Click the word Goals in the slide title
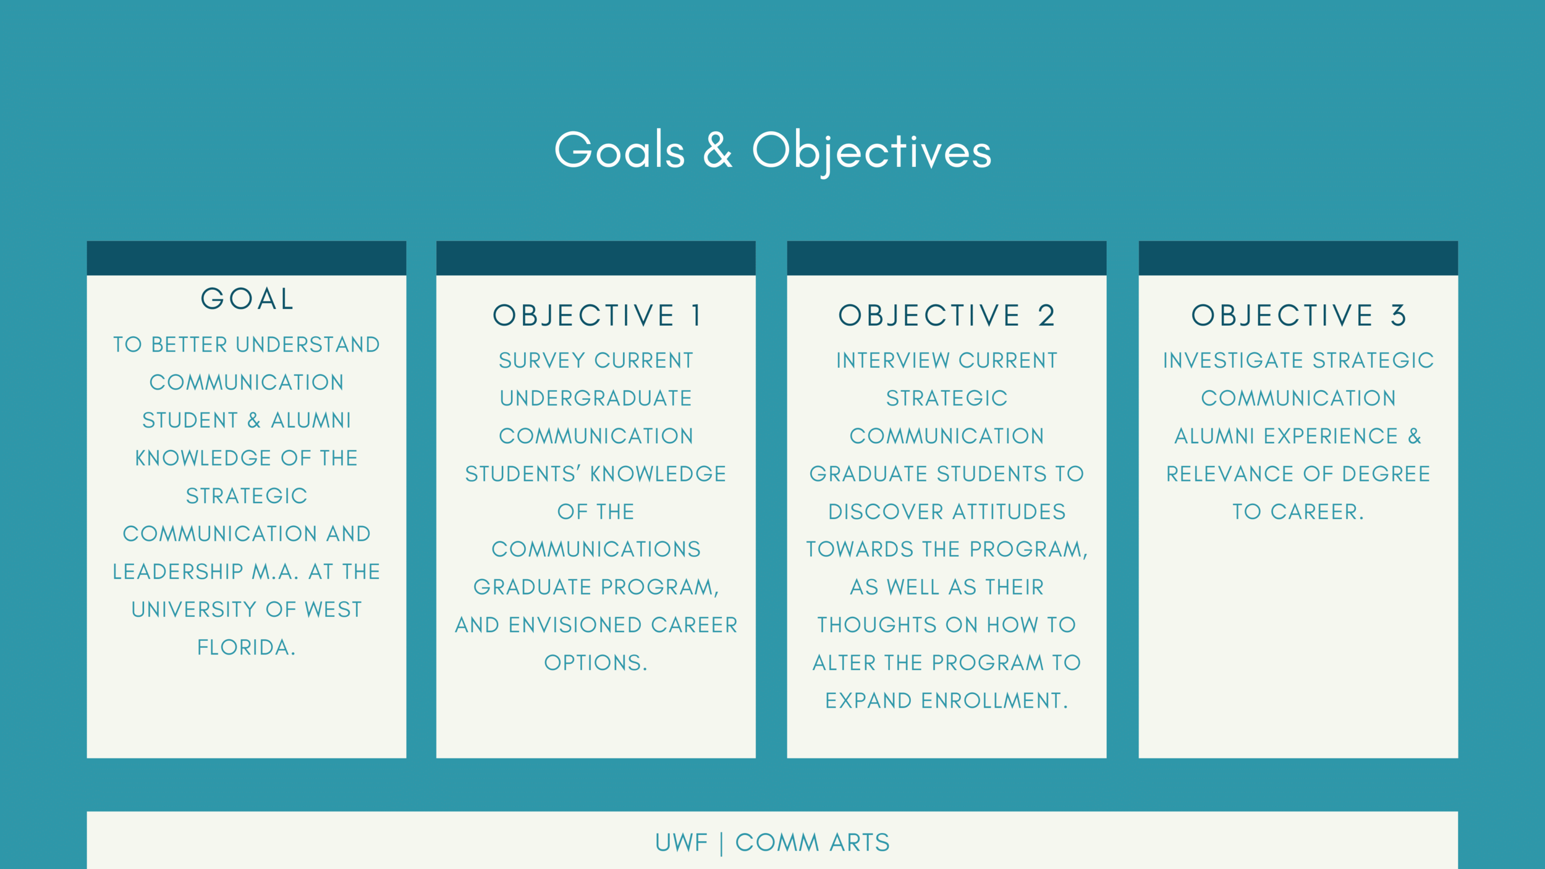[619, 150]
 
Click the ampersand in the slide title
[717, 150]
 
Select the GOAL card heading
[247, 299]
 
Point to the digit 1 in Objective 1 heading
[696, 316]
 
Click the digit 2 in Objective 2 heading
[1046, 316]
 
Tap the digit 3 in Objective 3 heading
[1399, 316]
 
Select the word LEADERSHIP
[177, 572]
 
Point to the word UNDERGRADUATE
[596, 399]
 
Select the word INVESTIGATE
[1233, 360]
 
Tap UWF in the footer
[681, 843]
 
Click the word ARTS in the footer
[859, 843]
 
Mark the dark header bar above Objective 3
[1298, 258]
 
